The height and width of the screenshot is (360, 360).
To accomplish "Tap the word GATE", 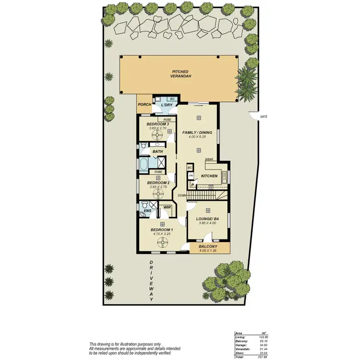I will [x=263, y=117].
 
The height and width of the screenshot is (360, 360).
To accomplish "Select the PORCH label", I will [x=144, y=105].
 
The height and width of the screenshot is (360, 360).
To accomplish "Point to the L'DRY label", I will [x=167, y=105].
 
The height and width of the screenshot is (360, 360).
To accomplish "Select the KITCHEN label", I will [x=209, y=176].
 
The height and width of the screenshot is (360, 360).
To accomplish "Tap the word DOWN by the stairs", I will [x=182, y=195].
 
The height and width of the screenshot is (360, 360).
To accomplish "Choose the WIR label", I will [x=167, y=207].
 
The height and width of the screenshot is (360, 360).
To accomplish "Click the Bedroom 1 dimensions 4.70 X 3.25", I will [x=162, y=235].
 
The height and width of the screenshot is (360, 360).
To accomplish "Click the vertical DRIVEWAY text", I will [x=151, y=280].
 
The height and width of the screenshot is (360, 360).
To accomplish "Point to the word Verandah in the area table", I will [x=241, y=349].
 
